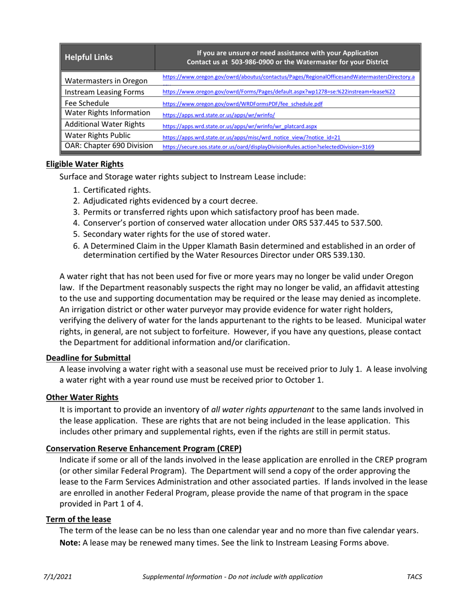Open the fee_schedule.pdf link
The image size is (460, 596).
[243, 104]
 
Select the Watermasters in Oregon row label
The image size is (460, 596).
[100, 80]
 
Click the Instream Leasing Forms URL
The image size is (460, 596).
[278, 92]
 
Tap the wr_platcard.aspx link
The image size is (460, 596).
[239, 126]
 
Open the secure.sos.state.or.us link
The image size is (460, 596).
[268, 147]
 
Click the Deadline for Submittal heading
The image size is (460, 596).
[88, 358]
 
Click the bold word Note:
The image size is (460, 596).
[70, 543]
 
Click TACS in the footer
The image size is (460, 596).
[414, 577]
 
